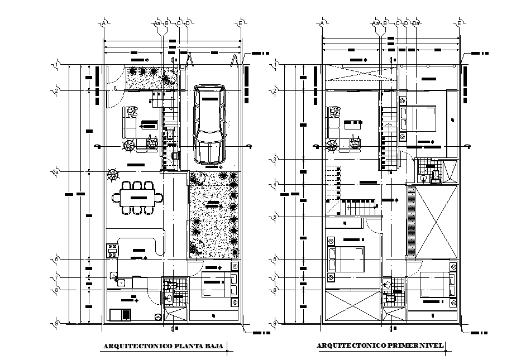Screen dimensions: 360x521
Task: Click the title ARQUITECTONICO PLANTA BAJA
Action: [162, 347]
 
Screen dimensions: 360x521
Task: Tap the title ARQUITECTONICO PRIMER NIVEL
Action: [380, 346]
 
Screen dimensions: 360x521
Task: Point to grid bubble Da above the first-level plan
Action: [415, 23]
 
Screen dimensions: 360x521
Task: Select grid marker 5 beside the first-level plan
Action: [275, 217]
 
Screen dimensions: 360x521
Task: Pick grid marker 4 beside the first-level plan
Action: [275, 185]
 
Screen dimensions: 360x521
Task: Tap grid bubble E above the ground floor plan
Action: [241, 23]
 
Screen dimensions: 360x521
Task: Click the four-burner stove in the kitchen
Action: [112, 249]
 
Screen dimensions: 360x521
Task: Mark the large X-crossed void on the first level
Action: [436, 223]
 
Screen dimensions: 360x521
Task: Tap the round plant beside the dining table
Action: [113, 175]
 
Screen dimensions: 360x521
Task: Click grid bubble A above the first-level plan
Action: [322, 23]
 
